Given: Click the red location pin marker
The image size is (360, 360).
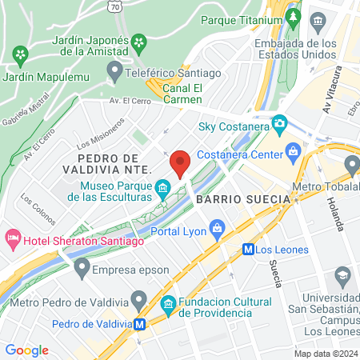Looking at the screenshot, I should coord(180,163).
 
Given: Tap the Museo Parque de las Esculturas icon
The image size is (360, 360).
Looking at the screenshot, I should coord(163,190).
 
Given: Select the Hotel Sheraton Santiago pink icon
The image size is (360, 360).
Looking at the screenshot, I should coord(12,238).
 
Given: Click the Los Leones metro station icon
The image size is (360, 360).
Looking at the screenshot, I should coord(249,249).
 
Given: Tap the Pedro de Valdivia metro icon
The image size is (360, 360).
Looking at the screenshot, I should coord(140,324).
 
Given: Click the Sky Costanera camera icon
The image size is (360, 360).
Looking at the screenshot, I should coord(279,125).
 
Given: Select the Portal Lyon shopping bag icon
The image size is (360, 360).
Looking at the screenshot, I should coord(218,231).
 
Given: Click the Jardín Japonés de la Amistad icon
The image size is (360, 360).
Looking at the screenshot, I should coord(139,41).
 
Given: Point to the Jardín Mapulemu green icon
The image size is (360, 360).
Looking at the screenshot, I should coord(20,55).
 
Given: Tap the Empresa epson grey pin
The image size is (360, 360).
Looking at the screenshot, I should coord(81,266).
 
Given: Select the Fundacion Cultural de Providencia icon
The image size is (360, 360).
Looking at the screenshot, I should coord(169,304).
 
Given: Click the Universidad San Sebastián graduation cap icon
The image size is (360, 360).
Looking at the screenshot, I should coord(343,277).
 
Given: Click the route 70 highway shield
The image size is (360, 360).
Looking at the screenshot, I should coord(116,6).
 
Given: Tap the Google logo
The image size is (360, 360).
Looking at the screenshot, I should coord(26,350).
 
